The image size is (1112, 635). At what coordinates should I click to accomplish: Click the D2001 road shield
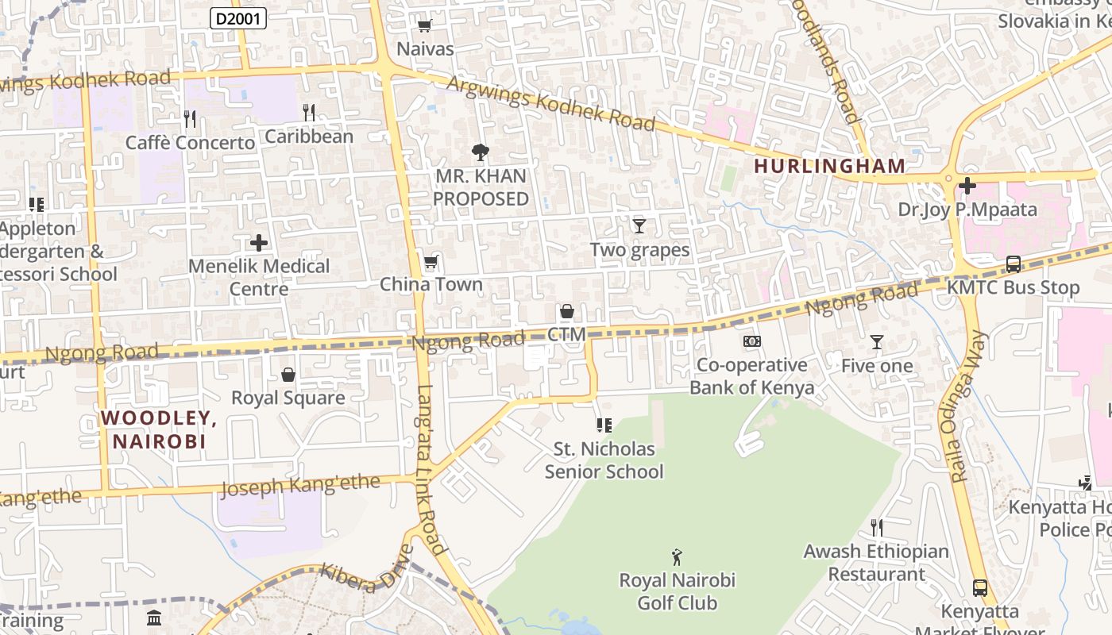pos(237,18)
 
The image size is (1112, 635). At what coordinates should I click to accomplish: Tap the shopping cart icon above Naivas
pos(424,25)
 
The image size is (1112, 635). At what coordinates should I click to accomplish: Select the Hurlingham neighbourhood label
pos(829,166)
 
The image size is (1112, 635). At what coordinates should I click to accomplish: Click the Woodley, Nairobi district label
pos(159,429)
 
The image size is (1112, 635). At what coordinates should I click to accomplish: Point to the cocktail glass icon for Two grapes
pos(639,226)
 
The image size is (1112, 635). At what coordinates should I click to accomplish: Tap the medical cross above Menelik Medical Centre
pos(259,243)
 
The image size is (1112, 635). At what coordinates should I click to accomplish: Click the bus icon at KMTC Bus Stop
pos(1013,264)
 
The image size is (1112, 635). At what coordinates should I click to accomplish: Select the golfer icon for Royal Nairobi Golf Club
pos(677,557)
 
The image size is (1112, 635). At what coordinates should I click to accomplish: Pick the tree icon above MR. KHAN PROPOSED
pos(480,152)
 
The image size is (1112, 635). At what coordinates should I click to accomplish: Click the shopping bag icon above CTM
pos(567,311)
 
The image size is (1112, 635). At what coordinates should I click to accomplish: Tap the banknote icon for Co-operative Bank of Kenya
pos(751,341)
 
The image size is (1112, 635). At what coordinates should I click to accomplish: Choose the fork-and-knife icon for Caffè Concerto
pos(190,119)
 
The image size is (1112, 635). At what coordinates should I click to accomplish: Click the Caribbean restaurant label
pos(309,137)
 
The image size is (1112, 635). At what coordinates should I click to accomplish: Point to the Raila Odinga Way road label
pos(968,406)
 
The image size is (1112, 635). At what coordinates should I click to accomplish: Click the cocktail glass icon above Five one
pos(877,342)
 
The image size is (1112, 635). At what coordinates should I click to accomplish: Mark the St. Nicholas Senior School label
pos(604,460)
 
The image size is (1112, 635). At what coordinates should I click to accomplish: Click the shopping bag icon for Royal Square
pos(288,374)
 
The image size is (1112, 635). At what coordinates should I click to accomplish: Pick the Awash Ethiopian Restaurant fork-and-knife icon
pos(877,527)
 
